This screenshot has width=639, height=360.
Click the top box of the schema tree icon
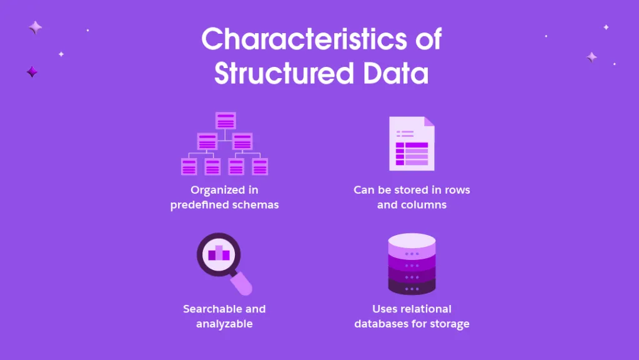click(225, 121)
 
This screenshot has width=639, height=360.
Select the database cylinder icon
click(412, 264)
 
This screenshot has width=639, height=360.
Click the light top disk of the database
click(412, 241)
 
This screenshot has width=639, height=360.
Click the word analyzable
click(224, 324)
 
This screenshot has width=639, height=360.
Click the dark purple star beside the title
click(32, 72)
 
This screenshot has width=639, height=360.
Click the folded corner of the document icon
click(428, 122)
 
